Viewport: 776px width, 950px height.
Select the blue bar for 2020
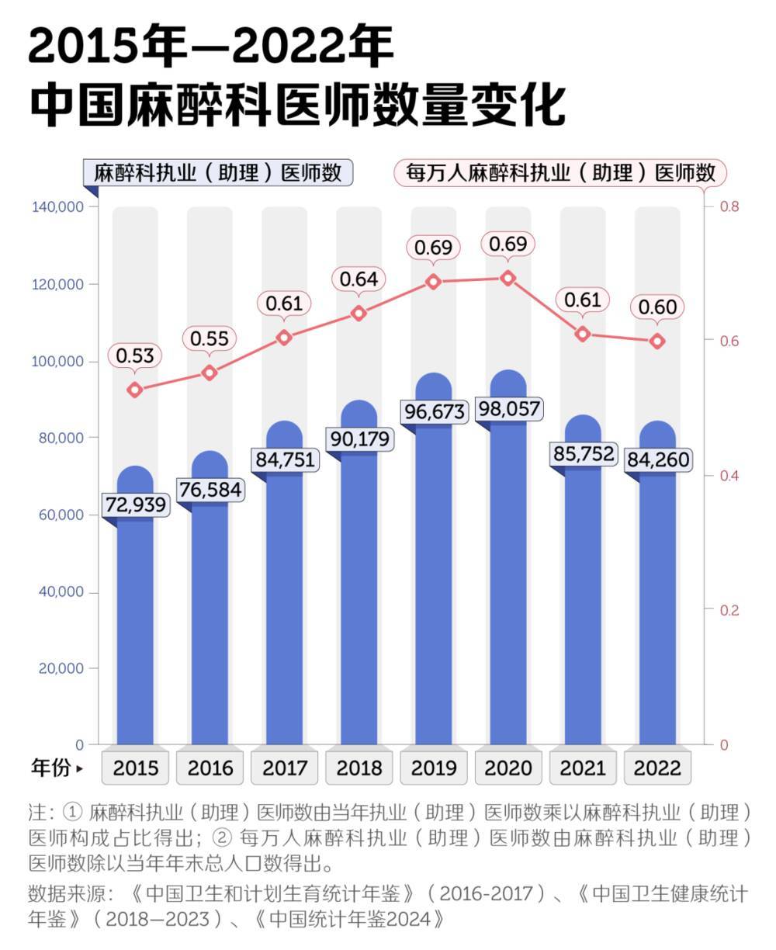(x=508, y=582)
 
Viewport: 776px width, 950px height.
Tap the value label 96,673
(x=434, y=411)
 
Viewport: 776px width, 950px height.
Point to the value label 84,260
(x=658, y=460)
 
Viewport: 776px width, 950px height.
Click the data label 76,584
(x=210, y=491)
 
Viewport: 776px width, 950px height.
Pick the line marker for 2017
(x=284, y=338)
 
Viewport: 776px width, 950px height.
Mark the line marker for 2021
(x=583, y=335)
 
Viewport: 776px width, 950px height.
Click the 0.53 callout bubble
(x=135, y=356)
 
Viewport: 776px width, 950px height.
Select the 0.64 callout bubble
(x=359, y=279)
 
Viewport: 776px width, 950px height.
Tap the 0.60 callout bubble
(x=658, y=307)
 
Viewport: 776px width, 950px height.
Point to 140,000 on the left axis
(x=58, y=207)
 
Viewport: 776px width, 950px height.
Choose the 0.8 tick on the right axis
(x=729, y=206)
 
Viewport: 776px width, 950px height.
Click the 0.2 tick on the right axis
(x=729, y=610)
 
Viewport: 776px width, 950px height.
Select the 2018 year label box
(x=359, y=768)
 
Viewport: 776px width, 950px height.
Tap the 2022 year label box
(x=658, y=768)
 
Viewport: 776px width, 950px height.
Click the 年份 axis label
(x=51, y=768)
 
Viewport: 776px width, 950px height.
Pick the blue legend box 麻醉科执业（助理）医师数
(x=218, y=172)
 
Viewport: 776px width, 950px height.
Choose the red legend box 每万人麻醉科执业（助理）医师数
(x=560, y=172)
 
